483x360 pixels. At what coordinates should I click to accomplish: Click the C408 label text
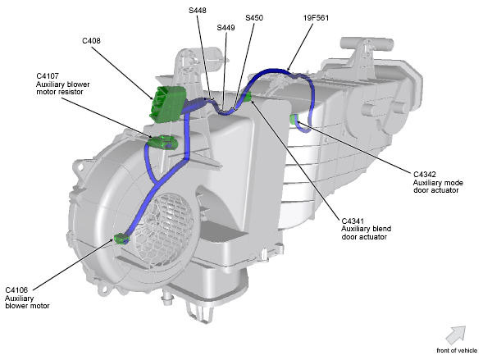(91, 41)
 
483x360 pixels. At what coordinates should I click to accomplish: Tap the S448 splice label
(198, 11)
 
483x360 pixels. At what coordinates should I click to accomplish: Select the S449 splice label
(226, 28)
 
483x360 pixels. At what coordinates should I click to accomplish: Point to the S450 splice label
(254, 18)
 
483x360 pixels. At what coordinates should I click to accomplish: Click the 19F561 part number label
(316, 18)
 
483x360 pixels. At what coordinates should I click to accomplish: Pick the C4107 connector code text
(48, 76)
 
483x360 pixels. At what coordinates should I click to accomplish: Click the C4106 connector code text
(16, 290)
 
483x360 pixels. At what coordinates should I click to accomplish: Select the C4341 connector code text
(353, 221)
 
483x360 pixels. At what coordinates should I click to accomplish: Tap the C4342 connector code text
(425, 175)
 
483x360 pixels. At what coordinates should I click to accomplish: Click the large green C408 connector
(168, 104)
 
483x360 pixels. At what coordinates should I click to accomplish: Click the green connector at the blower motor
(121, 239)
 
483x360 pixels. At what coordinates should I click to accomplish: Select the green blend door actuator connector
(248, 97)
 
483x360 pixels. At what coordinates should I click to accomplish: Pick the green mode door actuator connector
(294, 119)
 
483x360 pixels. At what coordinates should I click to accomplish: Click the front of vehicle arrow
(456, 335)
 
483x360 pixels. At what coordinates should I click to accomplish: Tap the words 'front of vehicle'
(457, 350)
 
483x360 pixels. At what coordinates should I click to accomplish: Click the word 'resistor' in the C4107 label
(71, 92)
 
